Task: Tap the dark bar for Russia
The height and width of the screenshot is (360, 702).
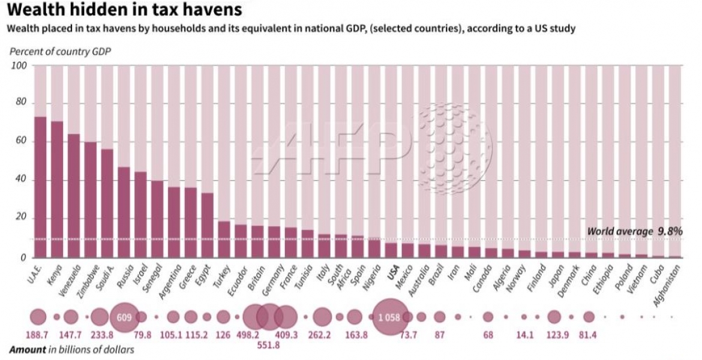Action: tap(124, 212)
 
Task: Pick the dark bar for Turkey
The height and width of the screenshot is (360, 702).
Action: tap(224, 239)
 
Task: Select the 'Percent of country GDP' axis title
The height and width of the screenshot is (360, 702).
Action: tap(60, 51)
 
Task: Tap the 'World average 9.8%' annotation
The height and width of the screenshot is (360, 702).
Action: tap(634, 231)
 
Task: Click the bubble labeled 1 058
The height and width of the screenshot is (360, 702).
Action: tap(389, 317)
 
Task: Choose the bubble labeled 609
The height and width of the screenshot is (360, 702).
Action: tap(124, 317)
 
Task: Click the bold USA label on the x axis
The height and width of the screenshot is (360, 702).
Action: tap(392, 273)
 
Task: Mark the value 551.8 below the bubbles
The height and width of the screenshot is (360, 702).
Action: tap(269, 347)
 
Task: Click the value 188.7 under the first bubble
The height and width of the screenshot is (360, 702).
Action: tap(38, 335)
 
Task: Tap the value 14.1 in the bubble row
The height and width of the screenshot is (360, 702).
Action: tap(524, 335)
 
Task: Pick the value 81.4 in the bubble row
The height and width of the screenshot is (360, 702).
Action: tap(588, 335)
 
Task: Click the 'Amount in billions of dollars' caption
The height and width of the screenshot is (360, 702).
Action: tap(72, 349)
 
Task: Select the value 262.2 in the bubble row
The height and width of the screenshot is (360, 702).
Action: tap(319, 335)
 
